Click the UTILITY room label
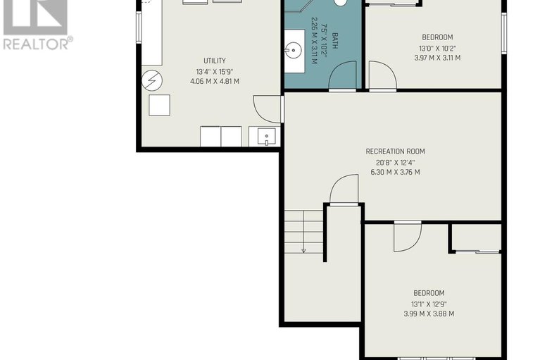215,61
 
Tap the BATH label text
334,41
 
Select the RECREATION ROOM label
395,151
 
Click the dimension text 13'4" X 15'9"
215,72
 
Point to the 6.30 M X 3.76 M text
395,172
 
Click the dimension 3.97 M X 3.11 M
437,58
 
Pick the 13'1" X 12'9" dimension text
429,304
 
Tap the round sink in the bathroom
293,51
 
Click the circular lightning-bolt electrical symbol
152,80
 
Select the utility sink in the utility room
266,137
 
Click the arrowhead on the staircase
303,250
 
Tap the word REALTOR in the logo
35,44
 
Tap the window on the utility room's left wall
139,27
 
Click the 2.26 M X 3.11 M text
314,41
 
